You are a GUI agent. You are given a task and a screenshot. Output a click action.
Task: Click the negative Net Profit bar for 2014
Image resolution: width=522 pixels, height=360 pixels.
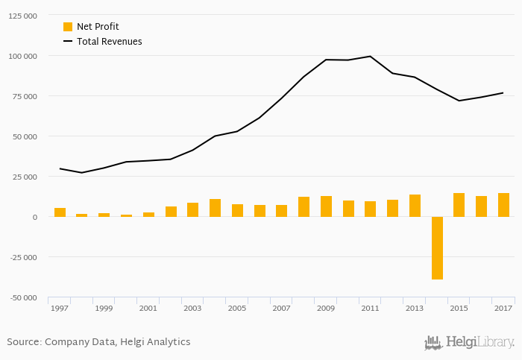(x=437, y=248)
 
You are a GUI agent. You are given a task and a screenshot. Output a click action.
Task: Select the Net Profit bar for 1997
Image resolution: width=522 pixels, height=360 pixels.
(x=60, y=212)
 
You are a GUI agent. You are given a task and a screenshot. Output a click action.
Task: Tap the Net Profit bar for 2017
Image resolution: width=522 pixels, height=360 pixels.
(x=504, y=205)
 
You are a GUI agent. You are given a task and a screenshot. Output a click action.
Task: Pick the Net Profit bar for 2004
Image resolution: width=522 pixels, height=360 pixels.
(x=215, y=208)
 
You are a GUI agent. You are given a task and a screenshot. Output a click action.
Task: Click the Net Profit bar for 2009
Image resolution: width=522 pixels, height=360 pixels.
(x=326, y=206)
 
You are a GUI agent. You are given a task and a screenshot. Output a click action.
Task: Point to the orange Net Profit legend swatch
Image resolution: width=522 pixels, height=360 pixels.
(x=68, y=27)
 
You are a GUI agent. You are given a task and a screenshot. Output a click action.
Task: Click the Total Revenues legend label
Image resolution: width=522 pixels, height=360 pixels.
(x=109, y=42)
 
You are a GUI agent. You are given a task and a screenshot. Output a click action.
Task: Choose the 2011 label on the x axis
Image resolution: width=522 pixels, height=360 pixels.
(x=371, y=308)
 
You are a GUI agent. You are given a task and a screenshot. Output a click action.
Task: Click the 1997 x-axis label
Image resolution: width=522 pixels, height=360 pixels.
(x=60, y=308)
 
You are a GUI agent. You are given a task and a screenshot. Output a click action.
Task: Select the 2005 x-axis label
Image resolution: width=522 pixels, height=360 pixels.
(x=237, y=308)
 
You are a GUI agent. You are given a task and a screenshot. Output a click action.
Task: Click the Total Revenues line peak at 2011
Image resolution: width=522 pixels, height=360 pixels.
(x=371, y=57)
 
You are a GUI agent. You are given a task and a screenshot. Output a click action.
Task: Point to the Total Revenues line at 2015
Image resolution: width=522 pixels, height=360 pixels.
(x=459, y=101)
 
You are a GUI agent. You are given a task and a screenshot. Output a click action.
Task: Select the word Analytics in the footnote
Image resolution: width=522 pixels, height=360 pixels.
(x=167, y=342)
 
